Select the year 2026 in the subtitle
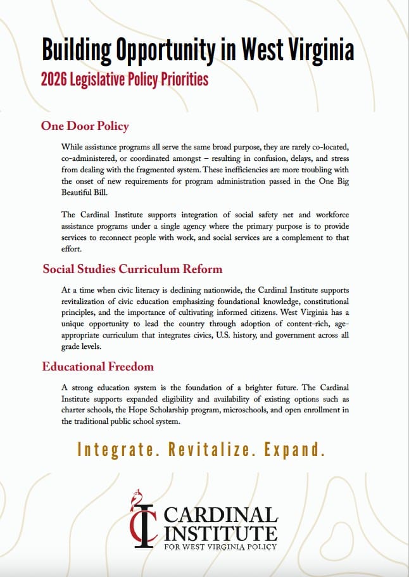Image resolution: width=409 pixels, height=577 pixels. (56, 80)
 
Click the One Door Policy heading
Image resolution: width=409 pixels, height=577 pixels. (85, 125)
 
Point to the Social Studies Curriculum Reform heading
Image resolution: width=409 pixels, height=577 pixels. (132, 269)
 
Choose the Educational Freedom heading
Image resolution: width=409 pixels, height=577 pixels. (98, 366)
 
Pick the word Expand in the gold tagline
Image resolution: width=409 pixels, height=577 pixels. (294, 450)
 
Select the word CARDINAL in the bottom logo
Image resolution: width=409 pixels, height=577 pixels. (221, 514)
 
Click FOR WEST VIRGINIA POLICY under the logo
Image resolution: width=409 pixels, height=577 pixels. (220, 546)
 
